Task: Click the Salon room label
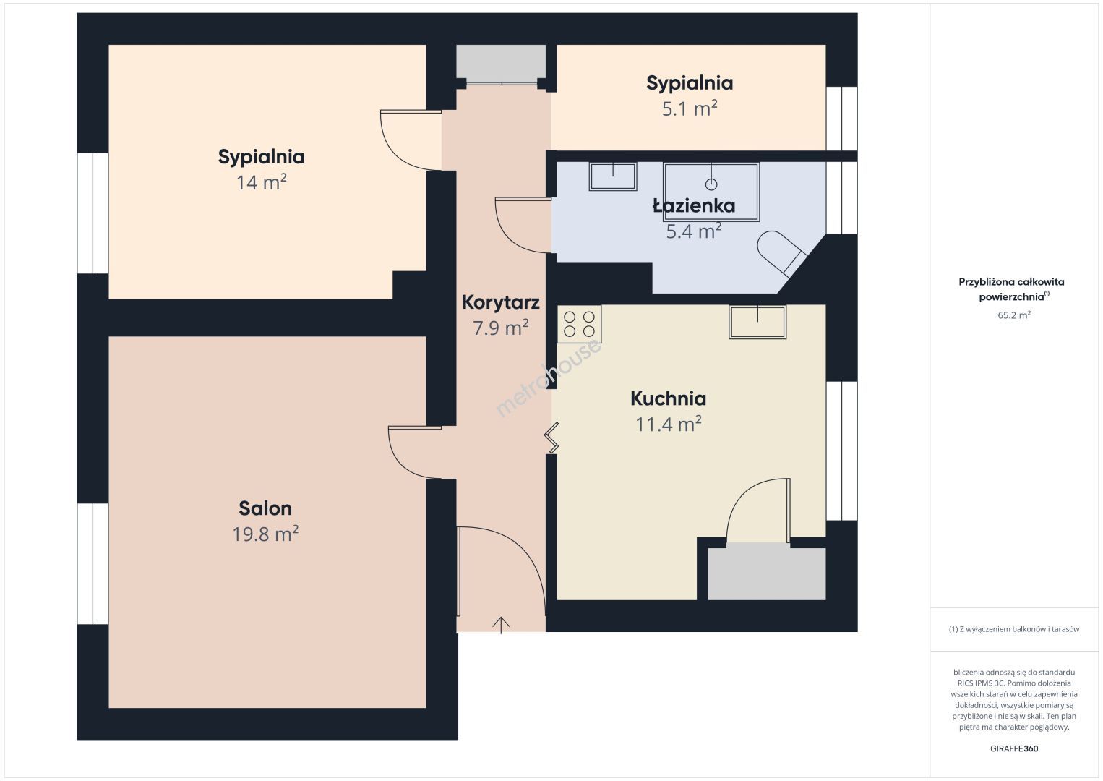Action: [x=265, y=508]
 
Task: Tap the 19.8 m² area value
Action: [x=265, y=534]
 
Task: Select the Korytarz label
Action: [x=501, y=302]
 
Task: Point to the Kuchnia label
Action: [x=668, y=398]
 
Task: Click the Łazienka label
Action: [x=694, y=205]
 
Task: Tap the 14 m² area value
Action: [x=261, y=183]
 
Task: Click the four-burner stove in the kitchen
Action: [x=579, y=324]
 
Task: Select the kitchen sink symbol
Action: [x=757, y=323]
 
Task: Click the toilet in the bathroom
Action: [x=781, y=253]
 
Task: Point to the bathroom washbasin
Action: [x=613, y=176]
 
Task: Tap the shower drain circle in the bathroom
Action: [x=711, y=184]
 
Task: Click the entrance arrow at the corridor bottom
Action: [x=501, y=625]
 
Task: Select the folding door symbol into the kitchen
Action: [x=552, y=438]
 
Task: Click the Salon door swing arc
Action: [x=408, y=456]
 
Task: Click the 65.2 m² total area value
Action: [x=1014, y=315]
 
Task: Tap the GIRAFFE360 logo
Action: [x=1014, y=748]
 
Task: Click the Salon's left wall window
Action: [x=93, y=564]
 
